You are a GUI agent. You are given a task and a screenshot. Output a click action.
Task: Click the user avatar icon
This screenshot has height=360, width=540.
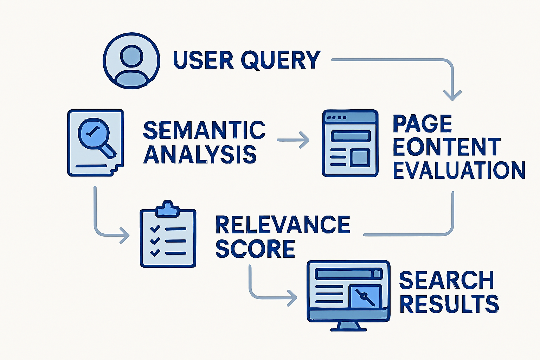(x=131, y=61)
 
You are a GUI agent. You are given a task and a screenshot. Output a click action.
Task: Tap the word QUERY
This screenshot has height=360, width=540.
(x=281, y=60)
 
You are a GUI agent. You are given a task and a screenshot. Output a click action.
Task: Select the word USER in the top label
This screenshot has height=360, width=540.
(x=203, y=60)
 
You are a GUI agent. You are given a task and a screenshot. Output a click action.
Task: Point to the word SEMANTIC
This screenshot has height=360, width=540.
(x=204, y=130)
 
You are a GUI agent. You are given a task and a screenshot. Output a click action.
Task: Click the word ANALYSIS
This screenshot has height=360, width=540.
(x=200, y=154)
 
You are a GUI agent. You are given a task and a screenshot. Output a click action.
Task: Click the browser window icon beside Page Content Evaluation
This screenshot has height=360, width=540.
(x=350, y=143)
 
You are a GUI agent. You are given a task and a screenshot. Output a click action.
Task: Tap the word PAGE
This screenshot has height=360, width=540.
(x=422, y=124)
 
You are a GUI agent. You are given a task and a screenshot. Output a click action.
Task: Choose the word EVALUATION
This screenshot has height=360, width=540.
(x=459, y=171)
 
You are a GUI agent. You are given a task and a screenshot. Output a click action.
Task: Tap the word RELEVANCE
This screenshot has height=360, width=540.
(x=283, y=225)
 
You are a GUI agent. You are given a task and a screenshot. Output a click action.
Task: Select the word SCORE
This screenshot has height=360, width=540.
(x=255, y=249)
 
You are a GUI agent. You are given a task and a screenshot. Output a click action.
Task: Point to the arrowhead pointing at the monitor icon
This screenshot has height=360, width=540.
(x=292, y=298)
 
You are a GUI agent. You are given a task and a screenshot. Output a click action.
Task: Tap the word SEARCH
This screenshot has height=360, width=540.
(x=446, y=280)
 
